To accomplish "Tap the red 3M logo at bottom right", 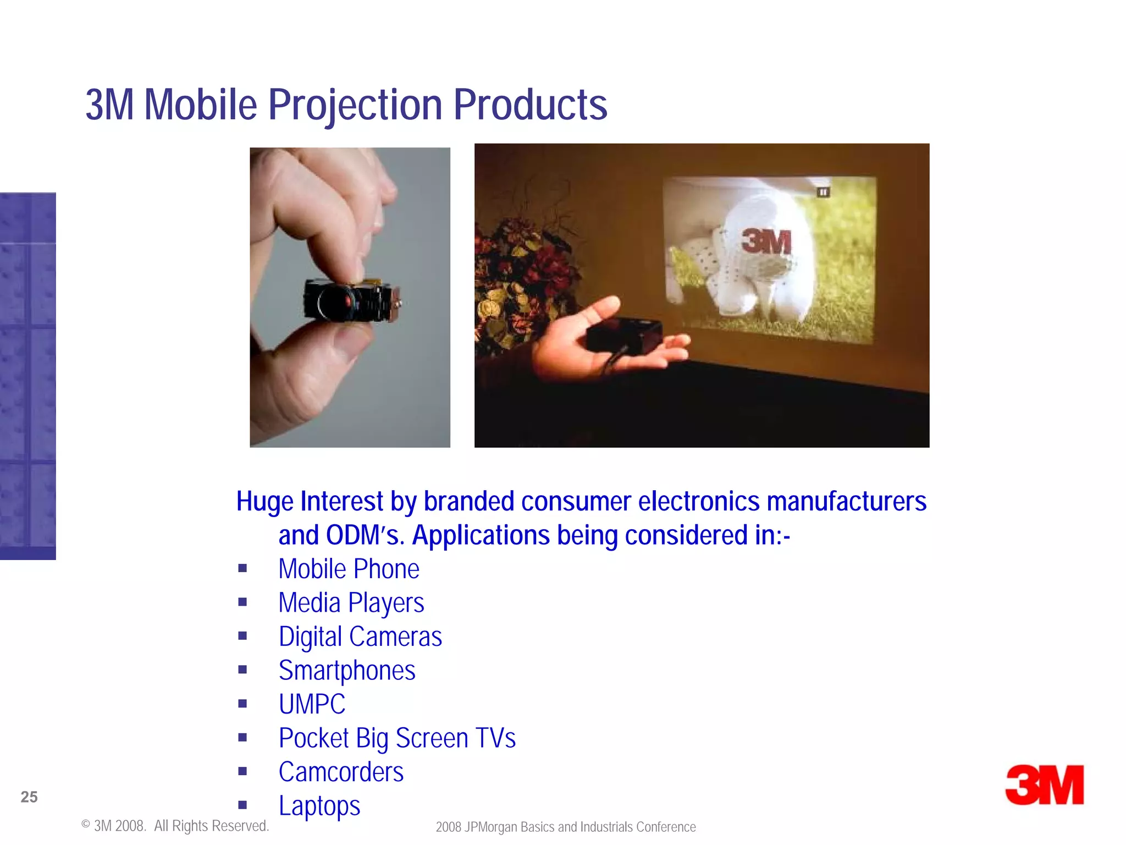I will (1044, 785).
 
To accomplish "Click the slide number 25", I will (29, 797).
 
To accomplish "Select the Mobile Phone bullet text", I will (349, 569).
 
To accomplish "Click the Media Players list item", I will (351, 603).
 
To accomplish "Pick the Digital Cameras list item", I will (360, 637).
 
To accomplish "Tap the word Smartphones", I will (347, 671).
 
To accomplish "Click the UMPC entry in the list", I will (312, 704).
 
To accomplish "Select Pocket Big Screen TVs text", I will (397, 738).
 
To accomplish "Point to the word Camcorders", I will (341, 772).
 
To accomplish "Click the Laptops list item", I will (319, 806).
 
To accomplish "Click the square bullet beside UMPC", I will (242, 704).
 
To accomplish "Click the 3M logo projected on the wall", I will (766, 242).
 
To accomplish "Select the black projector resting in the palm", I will (624, 334).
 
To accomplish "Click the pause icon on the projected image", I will (823, 192).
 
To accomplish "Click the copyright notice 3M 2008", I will (175, 826).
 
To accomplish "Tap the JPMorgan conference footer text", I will (566, 827).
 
